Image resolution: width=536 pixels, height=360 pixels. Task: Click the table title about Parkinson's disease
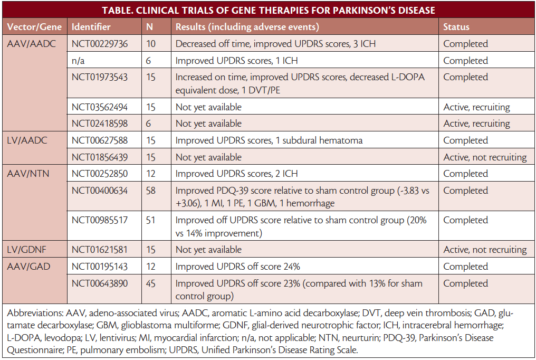(x=268, y=10)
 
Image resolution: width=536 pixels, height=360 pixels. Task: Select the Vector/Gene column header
(x=34, y=26)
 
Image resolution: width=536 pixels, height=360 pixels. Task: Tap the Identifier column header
(x=91, y=26)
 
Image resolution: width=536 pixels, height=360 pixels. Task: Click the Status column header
(x=456, y=26)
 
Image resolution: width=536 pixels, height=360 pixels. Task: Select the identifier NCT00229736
(x=100, y=43)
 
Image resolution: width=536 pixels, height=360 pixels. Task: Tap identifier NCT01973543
(x=100, y=77)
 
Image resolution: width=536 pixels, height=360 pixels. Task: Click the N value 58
(x=151, y=191)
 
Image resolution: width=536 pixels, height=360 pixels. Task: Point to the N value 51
(x=151, y=220)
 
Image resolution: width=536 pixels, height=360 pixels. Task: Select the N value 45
(x=151, y=283)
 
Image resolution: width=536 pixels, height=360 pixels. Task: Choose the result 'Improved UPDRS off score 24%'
(x=237, y=267)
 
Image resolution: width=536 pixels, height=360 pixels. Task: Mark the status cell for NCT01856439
(x=485, y=157)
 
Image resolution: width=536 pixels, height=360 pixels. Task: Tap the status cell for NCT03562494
(x=476, y=107)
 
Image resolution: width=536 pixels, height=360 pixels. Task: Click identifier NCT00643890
(x=100, y=283)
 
